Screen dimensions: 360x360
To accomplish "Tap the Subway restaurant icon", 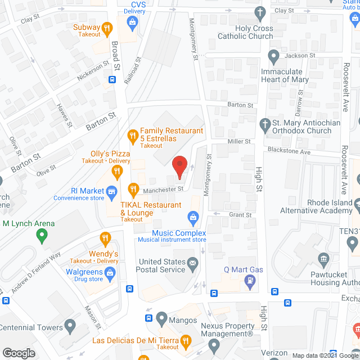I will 109,27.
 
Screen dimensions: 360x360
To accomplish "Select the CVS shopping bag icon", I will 133,24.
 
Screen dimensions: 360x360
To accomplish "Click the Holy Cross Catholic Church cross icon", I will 260,12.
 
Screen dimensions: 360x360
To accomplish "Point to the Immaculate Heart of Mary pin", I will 274,56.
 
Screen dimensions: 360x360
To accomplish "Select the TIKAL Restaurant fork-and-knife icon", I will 133,188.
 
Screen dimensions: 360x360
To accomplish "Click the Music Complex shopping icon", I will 193,217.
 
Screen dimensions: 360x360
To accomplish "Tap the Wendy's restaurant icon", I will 104,238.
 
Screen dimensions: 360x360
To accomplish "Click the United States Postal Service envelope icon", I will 193,262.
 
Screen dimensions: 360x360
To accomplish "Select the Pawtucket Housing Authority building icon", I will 323,259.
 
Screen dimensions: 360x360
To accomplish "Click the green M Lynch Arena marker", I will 41,236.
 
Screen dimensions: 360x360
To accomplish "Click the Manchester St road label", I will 163,190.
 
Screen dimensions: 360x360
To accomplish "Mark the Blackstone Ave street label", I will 289,152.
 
